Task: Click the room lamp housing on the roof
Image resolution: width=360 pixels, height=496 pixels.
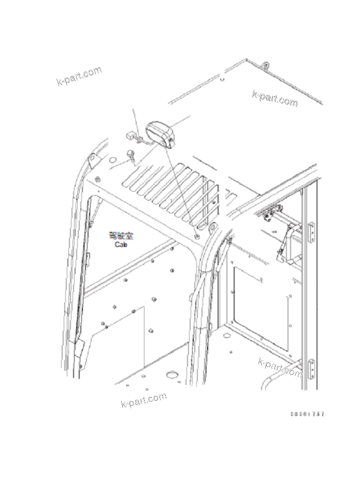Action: click(x=162, y=134)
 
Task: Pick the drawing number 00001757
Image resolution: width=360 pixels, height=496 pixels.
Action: click(x=308, y=414)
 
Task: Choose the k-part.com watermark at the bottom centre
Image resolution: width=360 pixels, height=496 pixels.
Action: click(x=143, y=400)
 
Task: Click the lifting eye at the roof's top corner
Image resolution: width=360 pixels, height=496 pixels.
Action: click(x=265, y=66)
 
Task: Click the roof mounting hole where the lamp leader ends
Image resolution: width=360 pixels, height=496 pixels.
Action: click(x=196, y=237)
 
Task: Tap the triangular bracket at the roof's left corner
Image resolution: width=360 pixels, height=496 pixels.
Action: click(x=92, y=160)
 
